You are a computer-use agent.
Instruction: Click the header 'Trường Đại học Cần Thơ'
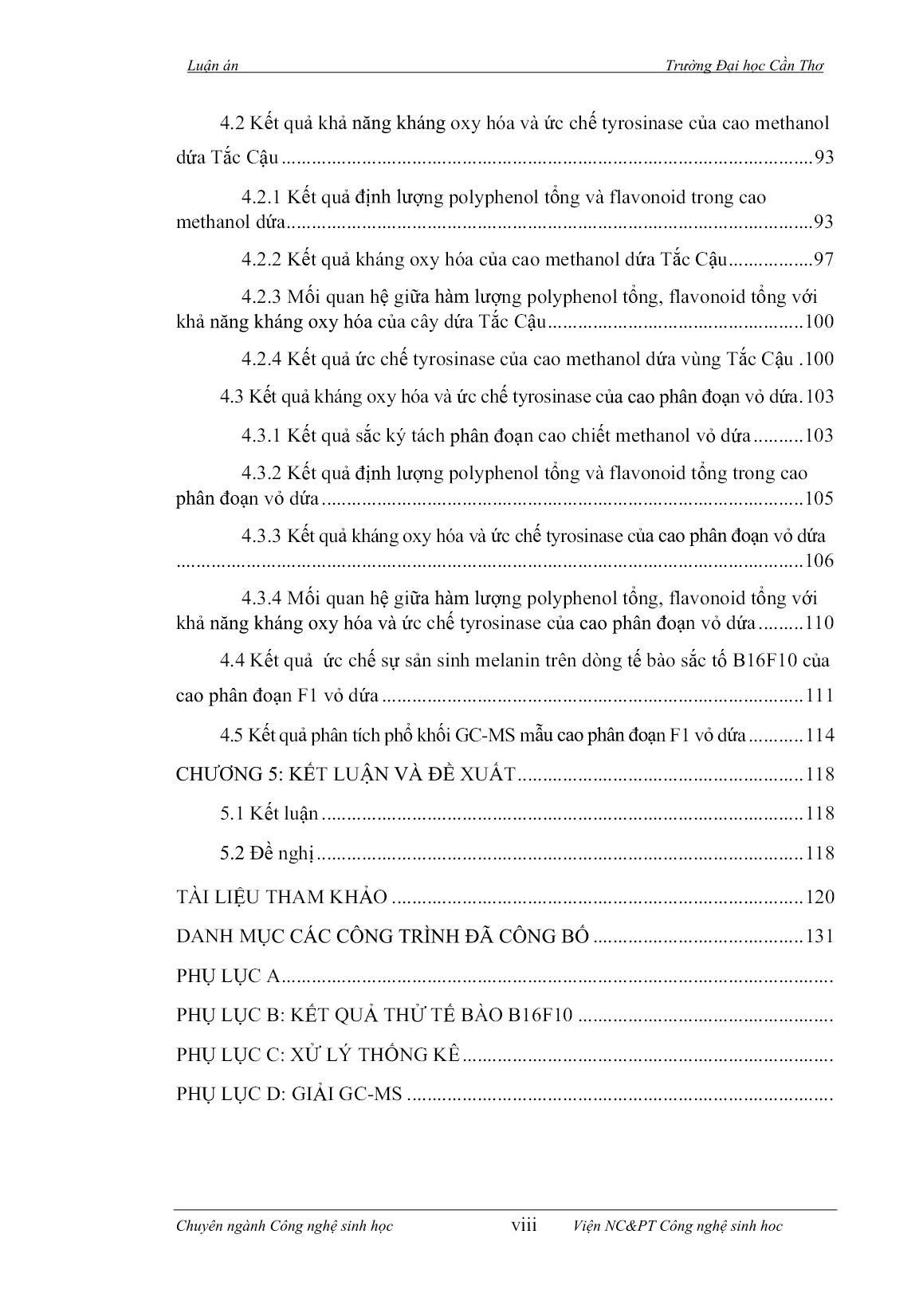point(744,67)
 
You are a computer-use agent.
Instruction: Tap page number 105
point(819,499)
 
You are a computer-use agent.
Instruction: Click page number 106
point(819,561)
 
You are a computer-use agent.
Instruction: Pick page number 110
point(819,623)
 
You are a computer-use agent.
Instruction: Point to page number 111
point(819,696)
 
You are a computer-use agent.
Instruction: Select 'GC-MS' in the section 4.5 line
point(486,736)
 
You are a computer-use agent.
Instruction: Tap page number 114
point(819,736)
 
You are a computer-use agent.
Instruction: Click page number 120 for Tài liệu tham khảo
point(819,898)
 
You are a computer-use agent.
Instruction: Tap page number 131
point(819,937)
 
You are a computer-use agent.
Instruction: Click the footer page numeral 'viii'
point(524,1225)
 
